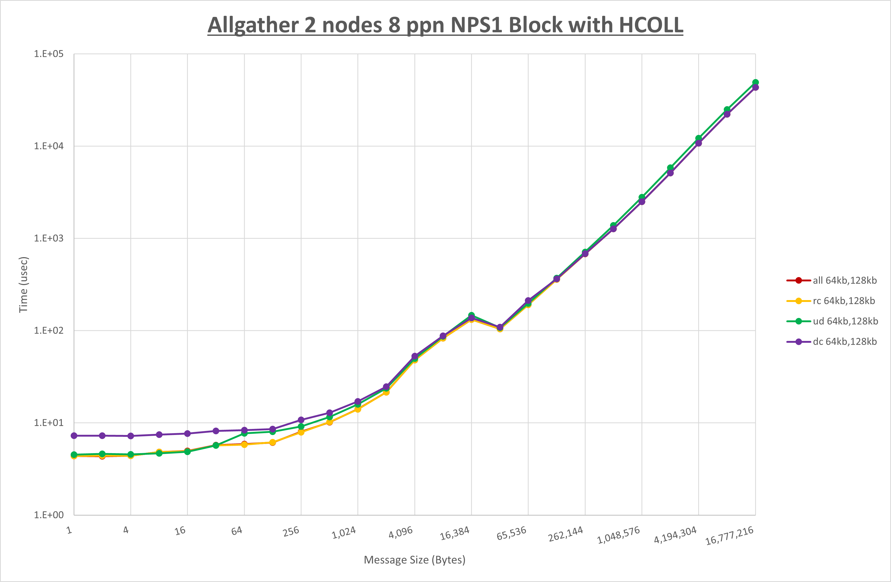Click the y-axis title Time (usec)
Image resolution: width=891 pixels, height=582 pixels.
point(23,284)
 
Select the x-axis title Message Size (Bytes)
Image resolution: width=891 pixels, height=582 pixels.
point(414,560)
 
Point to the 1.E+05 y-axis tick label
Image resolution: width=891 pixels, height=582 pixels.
point(49,54)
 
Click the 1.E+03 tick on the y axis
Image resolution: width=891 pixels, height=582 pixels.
point(49,238)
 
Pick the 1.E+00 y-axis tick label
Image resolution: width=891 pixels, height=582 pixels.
point(49,515)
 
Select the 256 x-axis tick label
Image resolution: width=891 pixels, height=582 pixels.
point(291,531)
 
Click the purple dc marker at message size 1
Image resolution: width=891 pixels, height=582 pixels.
point(74,436)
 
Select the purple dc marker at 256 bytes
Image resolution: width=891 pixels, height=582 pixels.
point(301,420)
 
